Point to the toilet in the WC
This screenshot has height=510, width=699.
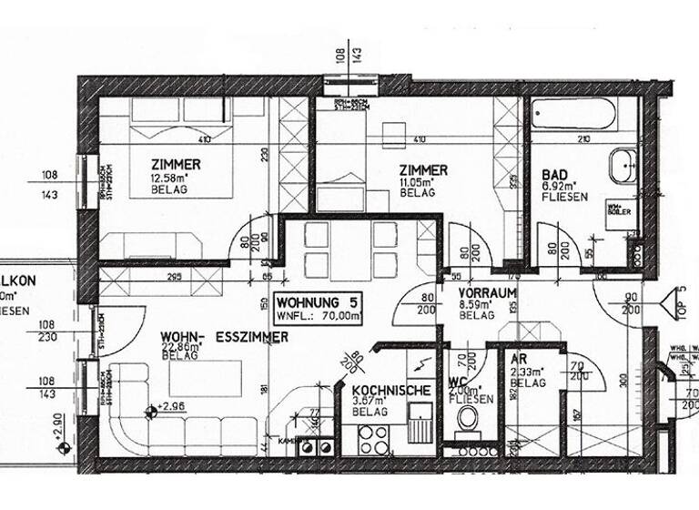(x=468, y=419)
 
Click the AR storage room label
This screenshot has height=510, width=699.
(x=518, y=361)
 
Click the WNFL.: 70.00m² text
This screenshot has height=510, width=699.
(x=318, y=316)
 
